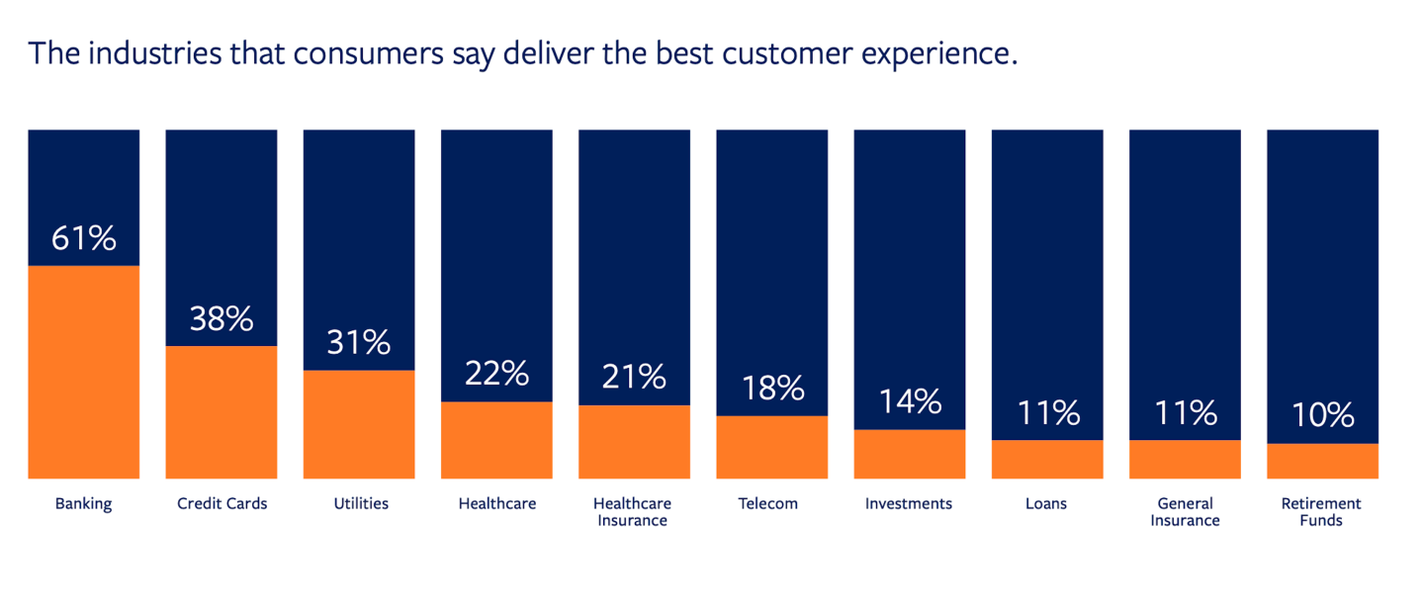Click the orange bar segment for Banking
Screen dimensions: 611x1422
point(84,372)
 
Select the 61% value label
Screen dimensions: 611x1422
point(84,238)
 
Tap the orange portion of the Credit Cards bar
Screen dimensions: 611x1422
point(222,412)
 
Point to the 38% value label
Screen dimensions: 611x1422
point(222,318)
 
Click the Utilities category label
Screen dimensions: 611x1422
point(361,503)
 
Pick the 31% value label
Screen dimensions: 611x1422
point(359,342)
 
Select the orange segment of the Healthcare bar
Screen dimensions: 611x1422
point(496,440)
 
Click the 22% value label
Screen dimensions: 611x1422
point(496,373)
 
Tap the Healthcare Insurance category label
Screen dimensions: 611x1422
point(632,511)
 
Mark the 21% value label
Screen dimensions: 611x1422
point(634,377)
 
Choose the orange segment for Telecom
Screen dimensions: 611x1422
point(772,447)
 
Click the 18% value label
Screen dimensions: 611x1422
point(772,388)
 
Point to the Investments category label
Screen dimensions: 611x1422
point(909,503)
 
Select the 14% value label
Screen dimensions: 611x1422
point(910,401)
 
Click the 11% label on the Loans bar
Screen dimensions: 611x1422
point(1047,412)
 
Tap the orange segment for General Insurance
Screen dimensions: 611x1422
point(1185,460)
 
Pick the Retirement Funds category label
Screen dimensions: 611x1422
point(1321,511)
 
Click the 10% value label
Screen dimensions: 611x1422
point(1322,415)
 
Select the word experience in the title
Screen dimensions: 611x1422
point(929,54)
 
